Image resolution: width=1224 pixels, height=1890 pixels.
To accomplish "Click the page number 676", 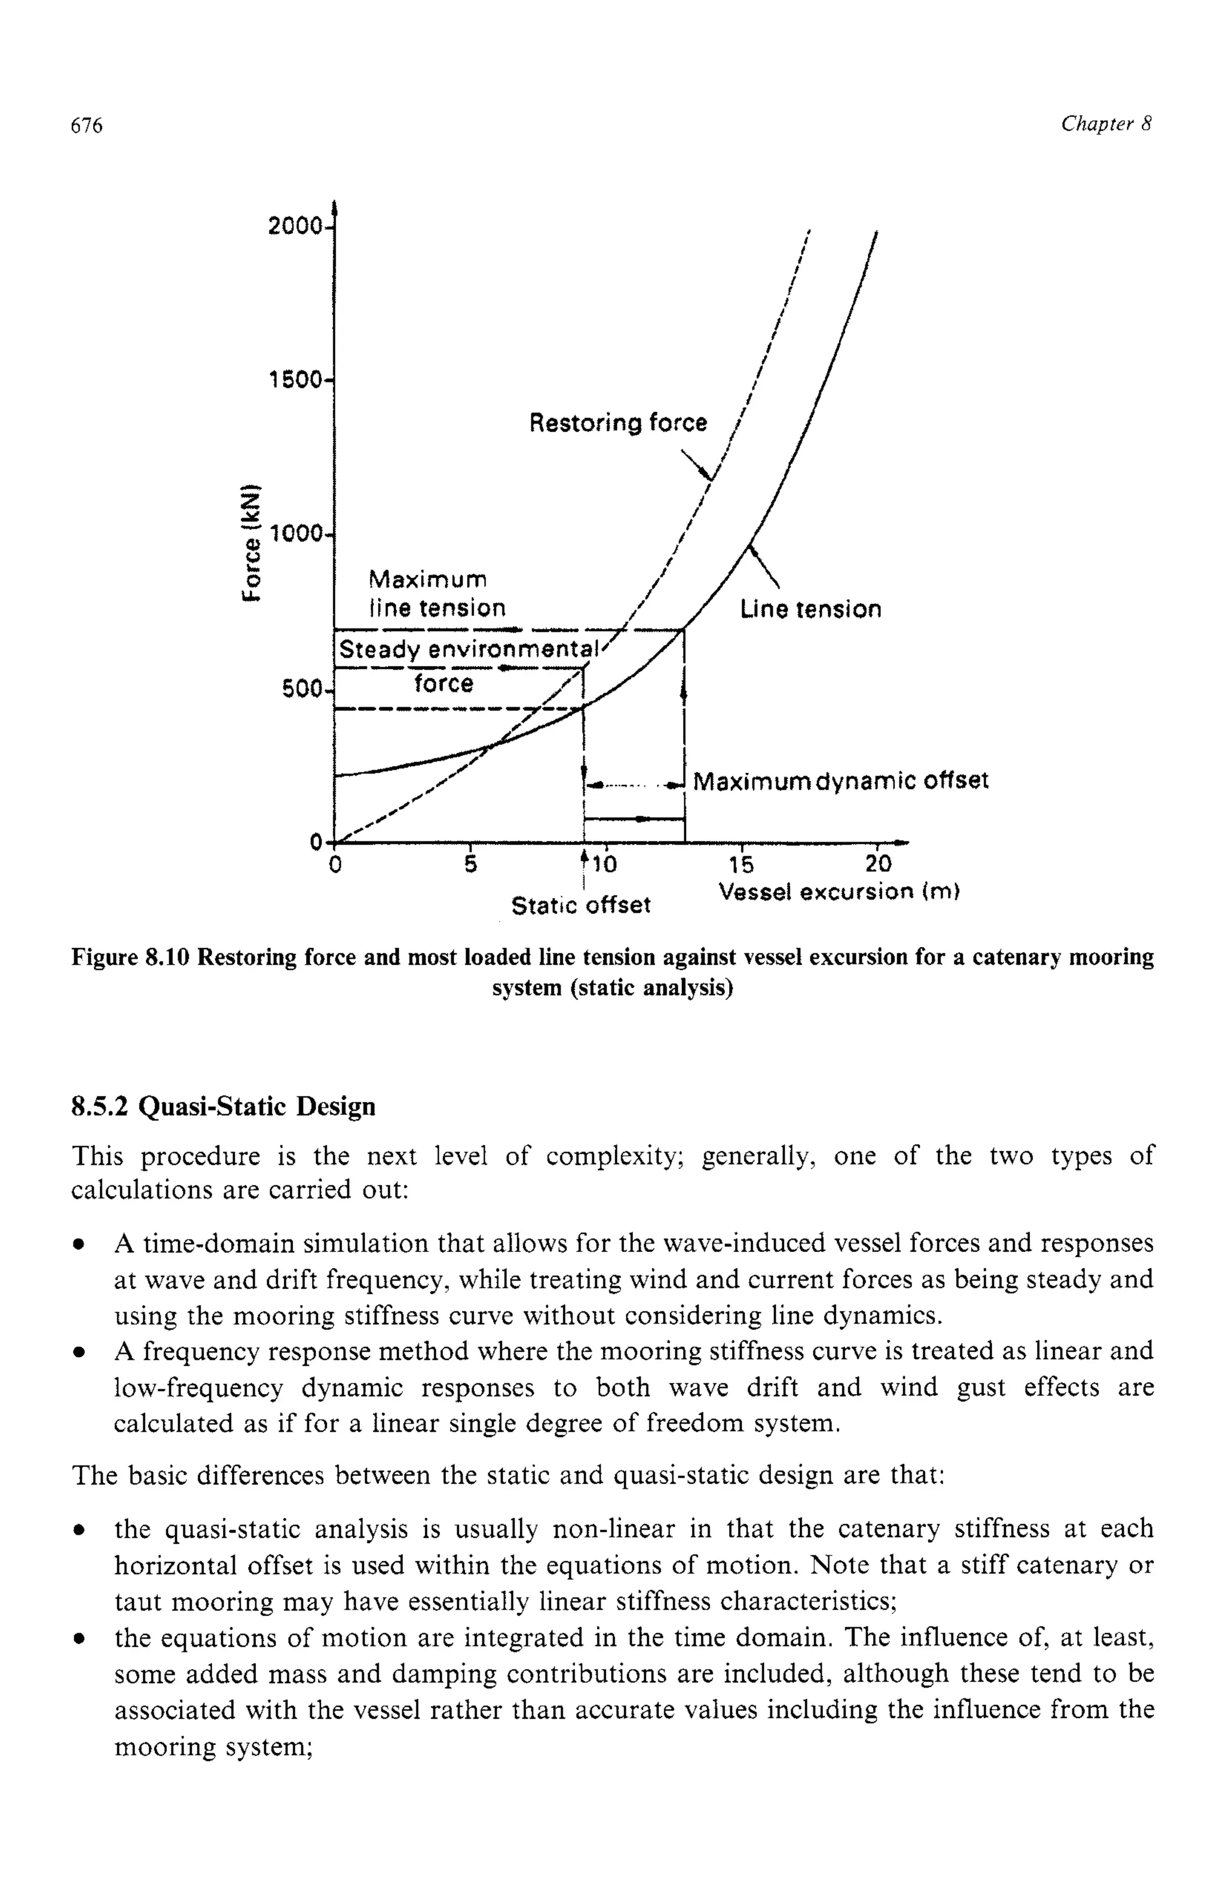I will [87, 125].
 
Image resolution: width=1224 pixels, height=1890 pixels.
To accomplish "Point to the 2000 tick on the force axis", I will [295, 227].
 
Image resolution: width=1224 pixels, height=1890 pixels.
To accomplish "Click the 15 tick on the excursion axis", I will [741, 863].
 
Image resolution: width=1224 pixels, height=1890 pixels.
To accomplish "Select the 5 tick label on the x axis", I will [470, 863].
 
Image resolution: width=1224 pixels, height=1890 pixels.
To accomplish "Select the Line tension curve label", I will [810, 609].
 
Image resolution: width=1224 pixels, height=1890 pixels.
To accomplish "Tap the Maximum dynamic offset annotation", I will [840, 781].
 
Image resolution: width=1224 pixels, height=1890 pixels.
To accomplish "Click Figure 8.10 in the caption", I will [131, 957].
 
